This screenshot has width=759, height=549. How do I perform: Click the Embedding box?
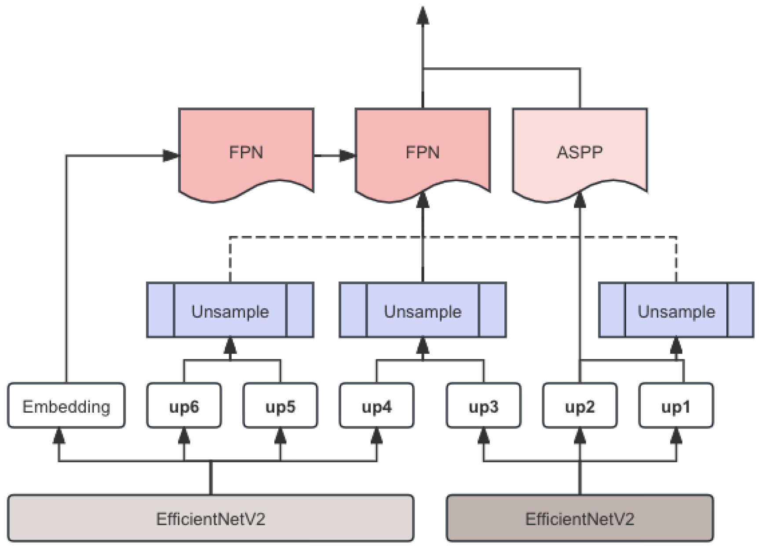66,406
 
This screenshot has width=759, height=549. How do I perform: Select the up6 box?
184,406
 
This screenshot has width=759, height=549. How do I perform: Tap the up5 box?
280,406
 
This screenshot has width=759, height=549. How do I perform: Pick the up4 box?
376,406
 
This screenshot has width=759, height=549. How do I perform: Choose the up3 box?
483,406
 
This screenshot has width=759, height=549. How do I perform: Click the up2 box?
580,406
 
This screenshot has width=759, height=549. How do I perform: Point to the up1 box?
676,406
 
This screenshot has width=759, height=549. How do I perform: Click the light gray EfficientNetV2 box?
211,518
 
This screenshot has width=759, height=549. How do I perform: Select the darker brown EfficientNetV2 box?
580,518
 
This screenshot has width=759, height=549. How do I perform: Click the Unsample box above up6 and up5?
230,311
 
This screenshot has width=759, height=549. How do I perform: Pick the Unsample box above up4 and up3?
423,311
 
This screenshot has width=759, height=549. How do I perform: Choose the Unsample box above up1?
676,311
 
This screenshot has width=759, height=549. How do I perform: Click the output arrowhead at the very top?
423,16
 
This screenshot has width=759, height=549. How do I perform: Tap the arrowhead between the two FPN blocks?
347,155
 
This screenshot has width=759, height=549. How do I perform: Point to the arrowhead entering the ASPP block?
580,200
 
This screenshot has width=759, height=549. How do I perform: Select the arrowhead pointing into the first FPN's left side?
171,155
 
